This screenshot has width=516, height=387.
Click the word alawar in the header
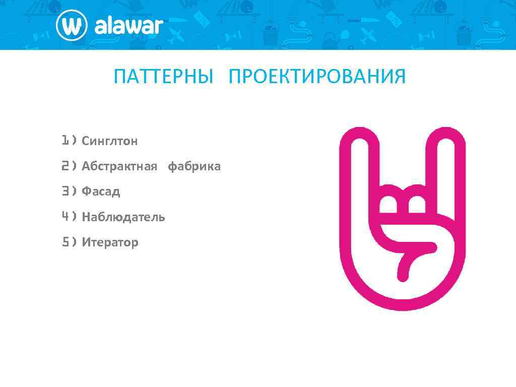point(128,26)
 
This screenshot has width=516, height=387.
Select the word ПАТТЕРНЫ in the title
point(164,77)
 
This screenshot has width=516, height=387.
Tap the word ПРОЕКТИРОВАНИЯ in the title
point(317,77)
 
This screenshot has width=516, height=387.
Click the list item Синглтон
point(110,141)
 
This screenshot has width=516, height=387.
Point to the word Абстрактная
point(119,166)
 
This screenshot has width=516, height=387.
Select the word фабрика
point(194,166)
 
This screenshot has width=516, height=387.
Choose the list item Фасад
point(101,191)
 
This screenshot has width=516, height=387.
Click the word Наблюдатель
point(123,217)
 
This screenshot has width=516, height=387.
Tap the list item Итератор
point(110,242)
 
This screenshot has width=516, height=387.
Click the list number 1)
point(69,141)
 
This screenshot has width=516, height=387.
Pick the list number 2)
point(69,166)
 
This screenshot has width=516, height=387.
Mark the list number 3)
point(69,191)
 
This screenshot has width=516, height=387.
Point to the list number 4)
point(69,217)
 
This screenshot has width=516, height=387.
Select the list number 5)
point(69,242)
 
